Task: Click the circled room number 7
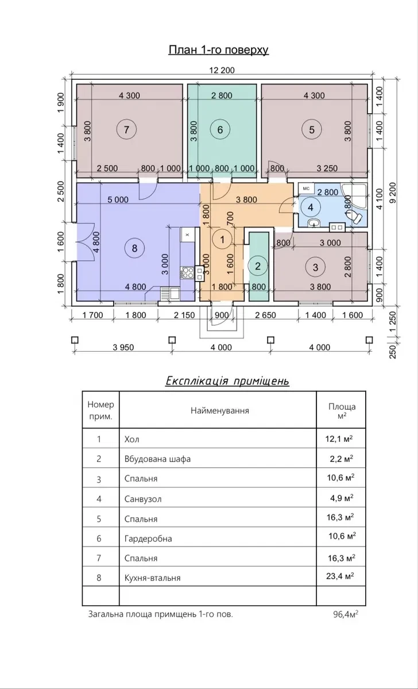126,129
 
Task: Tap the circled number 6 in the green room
220,129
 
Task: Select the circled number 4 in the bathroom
311,207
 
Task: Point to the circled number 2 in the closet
258,266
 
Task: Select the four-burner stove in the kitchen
188,272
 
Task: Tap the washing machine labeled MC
307,188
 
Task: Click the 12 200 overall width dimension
222,70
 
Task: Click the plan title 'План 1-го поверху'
219,50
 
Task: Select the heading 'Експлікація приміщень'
227,380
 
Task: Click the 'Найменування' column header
220,410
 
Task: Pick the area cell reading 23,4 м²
340,576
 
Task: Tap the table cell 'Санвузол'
143,499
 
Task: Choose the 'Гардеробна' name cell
148,538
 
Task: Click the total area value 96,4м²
346,614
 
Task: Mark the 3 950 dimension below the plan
123,348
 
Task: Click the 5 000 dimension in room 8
118,200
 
